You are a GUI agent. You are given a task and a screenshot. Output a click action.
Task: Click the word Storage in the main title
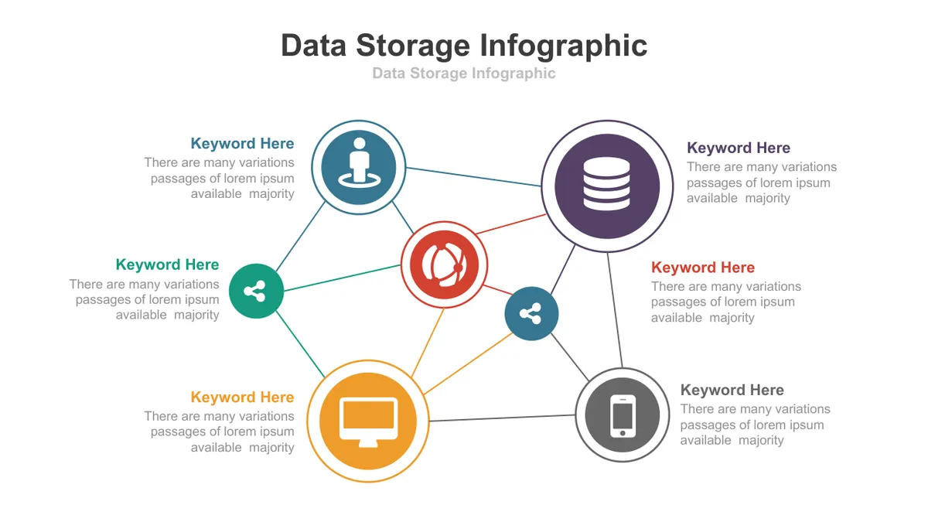(413, 46)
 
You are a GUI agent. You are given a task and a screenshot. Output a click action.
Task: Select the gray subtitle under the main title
(463, 73)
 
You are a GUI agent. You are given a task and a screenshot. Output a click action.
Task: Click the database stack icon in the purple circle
(606, 183)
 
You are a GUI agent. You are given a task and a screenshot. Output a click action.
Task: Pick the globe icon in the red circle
(444, 264)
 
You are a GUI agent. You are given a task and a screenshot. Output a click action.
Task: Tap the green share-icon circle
(256, 291)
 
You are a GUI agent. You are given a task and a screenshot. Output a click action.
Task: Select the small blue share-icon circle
(531, 314)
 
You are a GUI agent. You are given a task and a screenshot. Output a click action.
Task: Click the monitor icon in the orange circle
(368, 421)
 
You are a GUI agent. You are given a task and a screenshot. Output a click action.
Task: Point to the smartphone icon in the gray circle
(623, 415)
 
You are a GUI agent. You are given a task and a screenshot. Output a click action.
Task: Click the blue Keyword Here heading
(242, 143)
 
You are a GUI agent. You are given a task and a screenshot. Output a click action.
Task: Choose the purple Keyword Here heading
(739, 148)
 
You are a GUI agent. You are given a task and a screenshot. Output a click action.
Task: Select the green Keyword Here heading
(167, 264)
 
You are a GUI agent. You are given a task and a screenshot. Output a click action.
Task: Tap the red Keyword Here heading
(703, 268)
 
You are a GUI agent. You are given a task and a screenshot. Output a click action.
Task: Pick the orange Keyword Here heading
(242, 397)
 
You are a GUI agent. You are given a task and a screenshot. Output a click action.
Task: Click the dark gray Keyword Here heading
(732, 390)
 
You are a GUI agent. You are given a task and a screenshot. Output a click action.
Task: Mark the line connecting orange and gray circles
(502, 418)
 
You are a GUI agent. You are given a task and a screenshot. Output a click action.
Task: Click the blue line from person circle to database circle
(473, 176)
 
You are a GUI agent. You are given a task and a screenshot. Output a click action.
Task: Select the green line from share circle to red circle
(342, 278)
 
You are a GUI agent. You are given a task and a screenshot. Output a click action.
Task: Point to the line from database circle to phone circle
(615, 310)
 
